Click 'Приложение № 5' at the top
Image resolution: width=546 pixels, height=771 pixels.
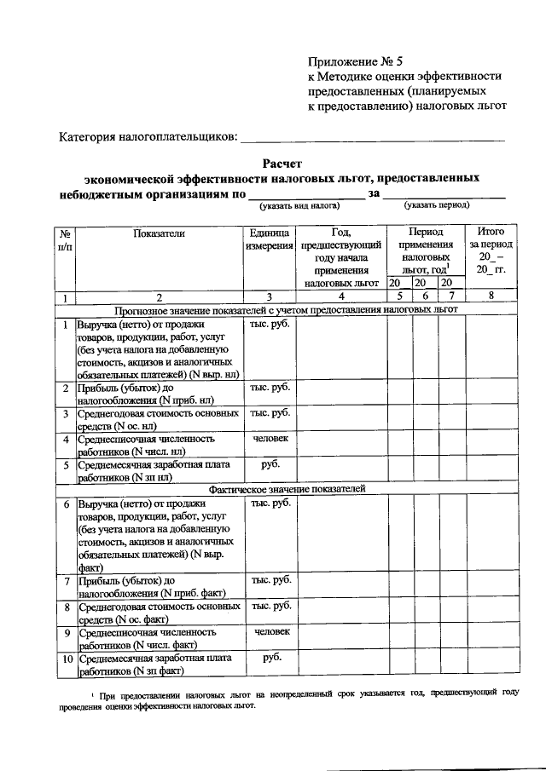351,61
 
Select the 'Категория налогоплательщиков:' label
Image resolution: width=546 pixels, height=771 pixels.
148,137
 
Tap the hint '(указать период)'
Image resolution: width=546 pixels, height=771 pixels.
438,205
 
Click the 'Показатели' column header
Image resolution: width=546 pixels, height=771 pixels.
159,232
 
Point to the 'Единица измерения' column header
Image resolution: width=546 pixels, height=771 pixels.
270,239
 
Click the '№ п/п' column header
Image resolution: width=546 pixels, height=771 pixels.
65,239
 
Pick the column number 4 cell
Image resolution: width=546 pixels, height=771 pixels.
340,296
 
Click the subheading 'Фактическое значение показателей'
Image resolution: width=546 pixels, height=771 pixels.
287,489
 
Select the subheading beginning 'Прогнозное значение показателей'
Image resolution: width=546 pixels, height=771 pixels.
287,309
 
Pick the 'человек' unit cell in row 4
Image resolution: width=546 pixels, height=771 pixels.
270,438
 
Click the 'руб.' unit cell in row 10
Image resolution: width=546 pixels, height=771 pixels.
270,658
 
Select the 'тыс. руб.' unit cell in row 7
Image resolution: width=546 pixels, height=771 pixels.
270,580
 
